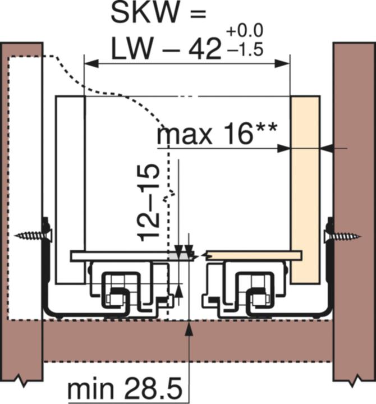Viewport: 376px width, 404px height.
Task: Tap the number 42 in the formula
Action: (x=205, y=49)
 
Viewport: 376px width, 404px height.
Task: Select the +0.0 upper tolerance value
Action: (x=245, y=31)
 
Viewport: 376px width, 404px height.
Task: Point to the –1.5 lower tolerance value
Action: (x=245, y=49)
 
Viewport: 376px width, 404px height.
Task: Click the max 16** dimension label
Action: (x=217, y=134)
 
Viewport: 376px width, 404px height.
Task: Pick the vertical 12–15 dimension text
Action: (x=149, y=203)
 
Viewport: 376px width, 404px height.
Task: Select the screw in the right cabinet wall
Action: (x=342, y=236)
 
